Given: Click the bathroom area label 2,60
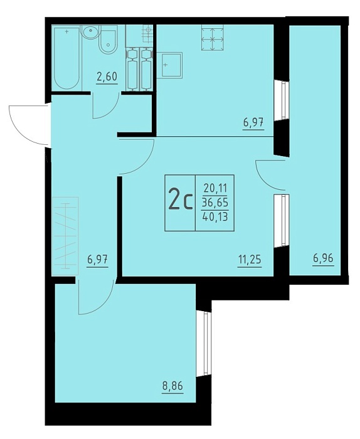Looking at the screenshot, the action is [x=107, y=77].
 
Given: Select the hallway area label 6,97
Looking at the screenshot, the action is [x=97, y=260].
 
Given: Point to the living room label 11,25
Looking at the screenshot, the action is [x=250, y=260].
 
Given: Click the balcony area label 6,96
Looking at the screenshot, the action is [x=324, y=258].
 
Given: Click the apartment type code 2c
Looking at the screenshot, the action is [x=180, y=203].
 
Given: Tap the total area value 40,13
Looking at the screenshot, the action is [x=215, y=216].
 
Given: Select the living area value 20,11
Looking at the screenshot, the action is [x=215, y=188].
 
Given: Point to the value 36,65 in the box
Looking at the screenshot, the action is [x=215, y=202].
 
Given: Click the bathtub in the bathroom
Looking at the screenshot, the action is [x=66, y=58].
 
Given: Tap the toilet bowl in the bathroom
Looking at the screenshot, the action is [x=108, y=41].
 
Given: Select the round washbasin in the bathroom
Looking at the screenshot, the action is [x=90, y=33].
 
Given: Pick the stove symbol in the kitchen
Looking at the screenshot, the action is [x=213, y=38].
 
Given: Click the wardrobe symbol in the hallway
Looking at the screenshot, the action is [x=65, y=236].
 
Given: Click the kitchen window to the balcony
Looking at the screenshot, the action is [x=282, y=100].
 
